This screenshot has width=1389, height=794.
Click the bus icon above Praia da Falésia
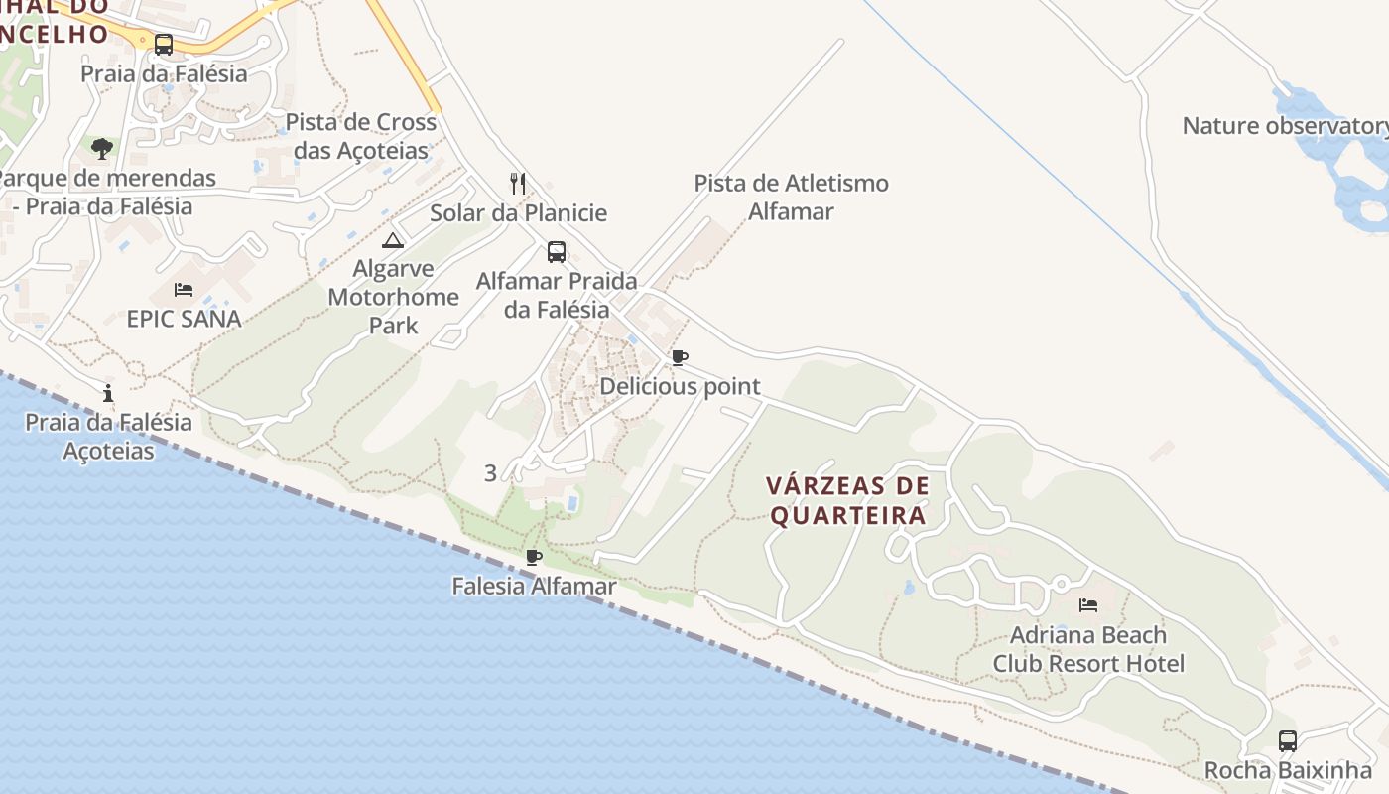pyautogui.click(x=164, y=45)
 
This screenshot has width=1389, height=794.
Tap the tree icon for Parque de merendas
pyautogui.click(x=101, y=149)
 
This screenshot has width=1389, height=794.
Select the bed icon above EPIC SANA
pyautogui.click(x=184, y=290)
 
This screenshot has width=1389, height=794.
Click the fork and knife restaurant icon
pyautogui.click(x=517, y=183)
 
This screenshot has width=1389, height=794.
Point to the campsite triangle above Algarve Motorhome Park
pyautogui.click(x=394, y=240)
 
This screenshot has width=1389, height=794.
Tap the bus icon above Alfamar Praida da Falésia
pyautogui.click(x=557, y=252)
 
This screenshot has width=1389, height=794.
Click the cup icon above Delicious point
pyautogui.click(x=680, y=357)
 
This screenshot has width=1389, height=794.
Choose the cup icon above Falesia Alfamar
pyautogui.click(x=534, y=557)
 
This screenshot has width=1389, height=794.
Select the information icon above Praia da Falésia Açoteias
pyautogui.click(x=108, y=393)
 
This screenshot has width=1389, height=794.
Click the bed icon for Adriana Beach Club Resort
pyautogui.click(x=1088, y=605)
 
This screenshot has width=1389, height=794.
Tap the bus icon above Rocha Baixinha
pyautogui.click(x=1288, y=741)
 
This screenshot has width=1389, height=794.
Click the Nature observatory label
pyautogui.click(x=1285, y=126)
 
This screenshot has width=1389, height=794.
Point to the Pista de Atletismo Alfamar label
pyautogui.click(x=791, y=197)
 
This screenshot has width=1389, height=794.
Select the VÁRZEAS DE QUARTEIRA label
pyautogui.click(x=848, y=501)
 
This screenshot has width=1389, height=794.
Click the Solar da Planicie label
pyautogui.click(x=518, y=213)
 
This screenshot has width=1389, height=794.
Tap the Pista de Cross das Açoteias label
pyautogui.click(x=361, y=137)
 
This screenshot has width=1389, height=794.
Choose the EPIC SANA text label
pyautogui.click(x=184, y=319)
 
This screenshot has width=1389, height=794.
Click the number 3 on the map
pyautogui.click(x=490, y=473)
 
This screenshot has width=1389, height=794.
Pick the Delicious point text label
pyautogui.click(x=680, y=386)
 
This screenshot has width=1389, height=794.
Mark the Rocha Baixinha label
pyautogui.click(x=1288, y=770)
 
